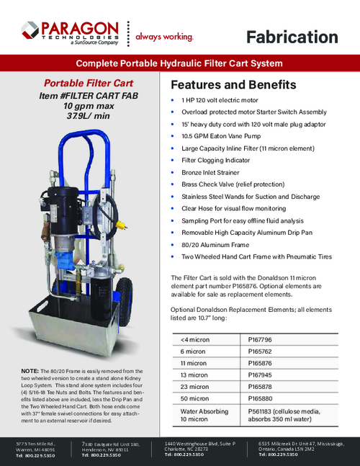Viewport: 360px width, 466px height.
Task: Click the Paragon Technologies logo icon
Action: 30,30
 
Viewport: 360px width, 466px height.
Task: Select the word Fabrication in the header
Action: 292,37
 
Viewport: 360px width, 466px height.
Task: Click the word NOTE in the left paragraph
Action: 30,370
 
